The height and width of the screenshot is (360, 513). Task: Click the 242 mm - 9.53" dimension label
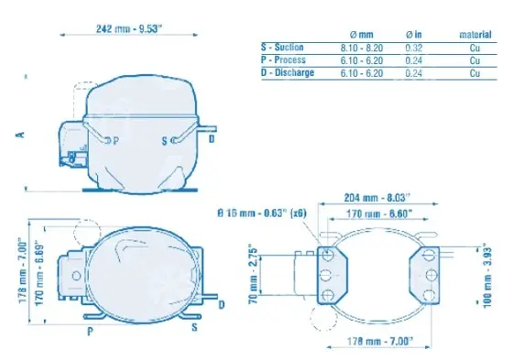tap(129, 28)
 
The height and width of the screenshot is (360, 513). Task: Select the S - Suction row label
tap(282, 47)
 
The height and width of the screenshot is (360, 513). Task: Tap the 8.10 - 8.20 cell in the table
tap(362, 49)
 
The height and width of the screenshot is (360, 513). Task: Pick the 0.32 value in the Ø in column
tap(414, 49)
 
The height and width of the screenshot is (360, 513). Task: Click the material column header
tap(475, 35)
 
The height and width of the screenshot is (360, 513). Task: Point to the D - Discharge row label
tap(288, 72)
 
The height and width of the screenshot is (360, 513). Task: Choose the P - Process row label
tap(283, 60)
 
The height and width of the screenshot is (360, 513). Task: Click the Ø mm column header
tap(361, 35)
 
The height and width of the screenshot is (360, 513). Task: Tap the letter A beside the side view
tap(20, 134)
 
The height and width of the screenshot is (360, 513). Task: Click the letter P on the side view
tap(115, 141)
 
